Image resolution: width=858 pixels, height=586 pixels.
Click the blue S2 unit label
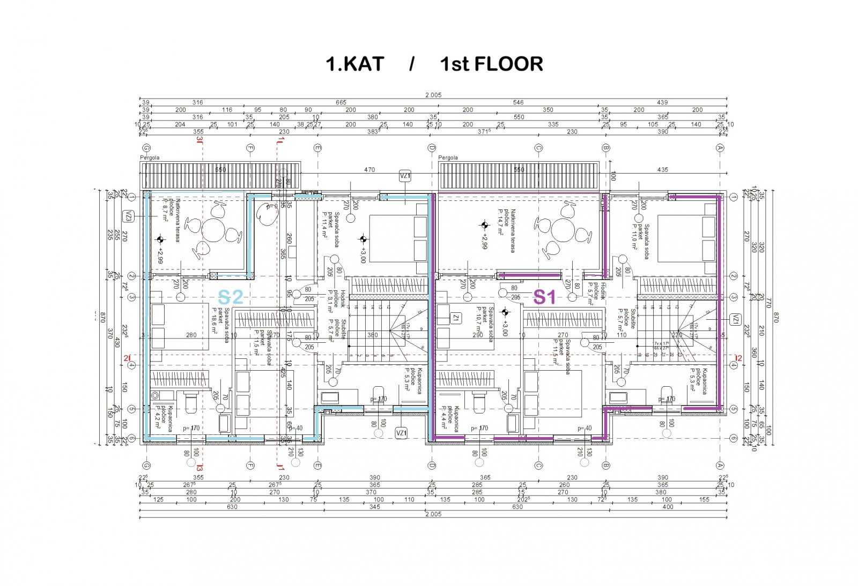[x=231, y=296]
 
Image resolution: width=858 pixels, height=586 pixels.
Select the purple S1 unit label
[x=544, y=296]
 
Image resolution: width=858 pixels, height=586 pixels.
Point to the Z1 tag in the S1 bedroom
[x=456, y=318]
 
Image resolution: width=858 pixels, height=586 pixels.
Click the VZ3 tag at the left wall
[x=129, y=216]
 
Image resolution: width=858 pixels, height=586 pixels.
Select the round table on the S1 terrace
[x=563, y=231]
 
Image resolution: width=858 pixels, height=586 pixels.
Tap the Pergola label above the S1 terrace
[x=448, y=157]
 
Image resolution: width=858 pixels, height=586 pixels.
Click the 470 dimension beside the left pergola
[x=369, y=170]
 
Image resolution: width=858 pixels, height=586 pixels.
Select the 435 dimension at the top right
[x=663, y=170]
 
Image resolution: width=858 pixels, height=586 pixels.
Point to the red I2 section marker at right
[x=738, y=358]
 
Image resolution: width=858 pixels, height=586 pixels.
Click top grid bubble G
[x=145, y=148]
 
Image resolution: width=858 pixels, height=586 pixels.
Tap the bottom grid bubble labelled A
[x=720, y=465]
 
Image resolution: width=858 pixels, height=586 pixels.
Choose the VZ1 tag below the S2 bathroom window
[x=401, y=433]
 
